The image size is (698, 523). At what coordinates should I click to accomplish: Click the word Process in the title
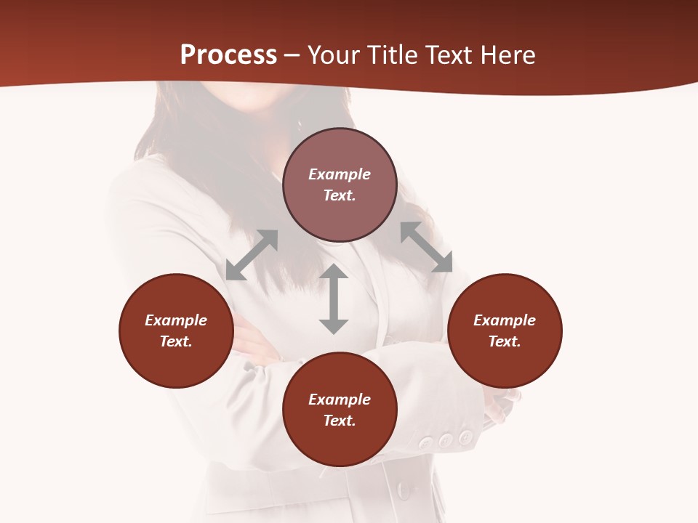point(228,55)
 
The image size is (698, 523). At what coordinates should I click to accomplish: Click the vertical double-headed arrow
point(334,299)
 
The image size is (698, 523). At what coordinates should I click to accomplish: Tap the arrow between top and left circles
point(252,255)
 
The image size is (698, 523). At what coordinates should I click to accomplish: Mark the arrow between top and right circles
point(426,247)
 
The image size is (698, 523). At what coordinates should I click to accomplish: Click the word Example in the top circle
point(340,174)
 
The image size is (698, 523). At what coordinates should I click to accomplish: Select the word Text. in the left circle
point(176,341)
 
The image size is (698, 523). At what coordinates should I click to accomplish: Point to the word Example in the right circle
point(505,320)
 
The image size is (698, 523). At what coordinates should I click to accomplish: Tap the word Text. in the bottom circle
point(340,421)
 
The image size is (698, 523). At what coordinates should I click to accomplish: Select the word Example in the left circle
point(176,320)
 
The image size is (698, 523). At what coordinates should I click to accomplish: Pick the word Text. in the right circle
point(505,341)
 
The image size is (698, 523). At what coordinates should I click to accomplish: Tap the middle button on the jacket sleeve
point(446,440)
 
